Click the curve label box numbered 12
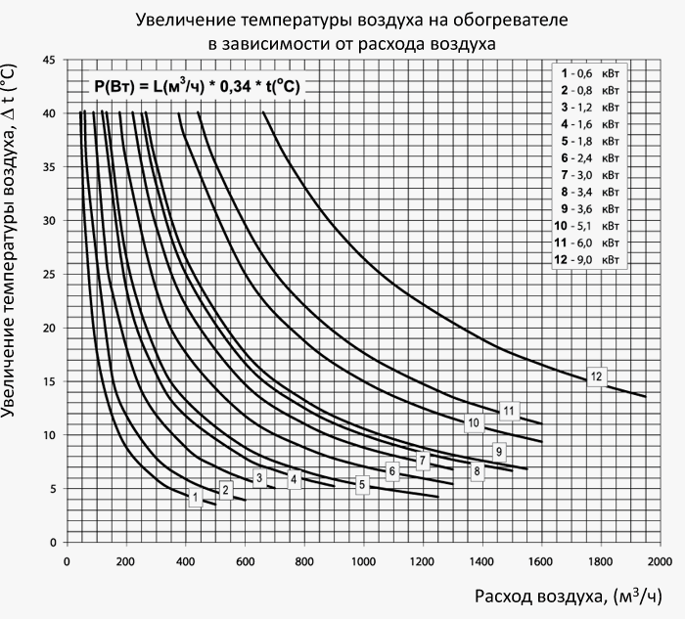[x=597, y=378]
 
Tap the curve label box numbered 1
[x=196, y=498]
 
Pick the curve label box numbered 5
[x=361, y=484]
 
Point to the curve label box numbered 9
[x=498, y=451]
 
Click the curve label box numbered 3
[x=259, y=477]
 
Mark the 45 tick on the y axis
[x=49, y=61]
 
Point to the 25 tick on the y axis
[x=49, y=275]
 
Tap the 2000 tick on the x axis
[x=660, y=561]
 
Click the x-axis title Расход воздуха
[x=567, y=596]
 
